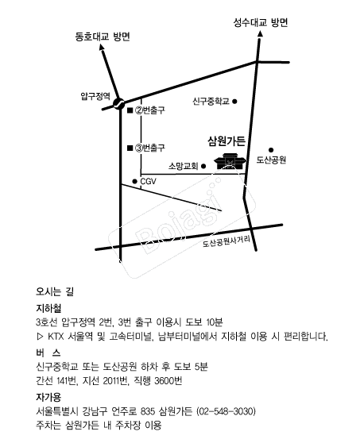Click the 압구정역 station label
pos(95,96)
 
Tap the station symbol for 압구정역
pos(118,103)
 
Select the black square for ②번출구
pos(130,110)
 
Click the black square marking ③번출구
pos(130,148)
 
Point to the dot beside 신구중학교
pos(234,101)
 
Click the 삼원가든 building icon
pos(230,161)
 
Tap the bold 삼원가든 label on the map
pos(227,141)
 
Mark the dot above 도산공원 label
pos(271,150)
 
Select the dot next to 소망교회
pos(203,166)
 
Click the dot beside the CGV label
pos(135,181)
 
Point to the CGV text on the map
pos(148,181)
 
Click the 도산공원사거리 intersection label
pos(227,241)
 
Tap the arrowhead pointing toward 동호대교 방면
pos(102,47)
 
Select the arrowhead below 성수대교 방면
pos(260,33)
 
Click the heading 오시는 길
pos(55,291)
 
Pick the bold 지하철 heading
pos(48,308)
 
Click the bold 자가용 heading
pos(48,397)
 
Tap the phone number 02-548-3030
pos(226,411)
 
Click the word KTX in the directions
pos(56,337)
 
